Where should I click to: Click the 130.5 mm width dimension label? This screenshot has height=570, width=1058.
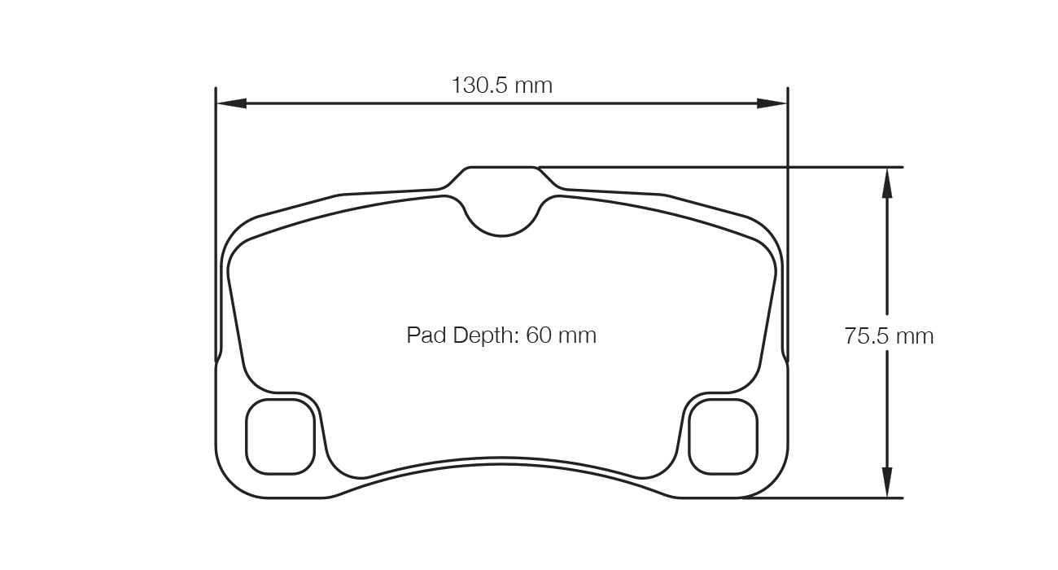(x=501, y=85)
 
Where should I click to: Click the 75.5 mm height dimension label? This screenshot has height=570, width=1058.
(x=889, y=335)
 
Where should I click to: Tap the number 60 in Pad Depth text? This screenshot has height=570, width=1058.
(x=539, y=335)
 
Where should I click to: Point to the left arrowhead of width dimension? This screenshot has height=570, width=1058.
(x=231, y=103)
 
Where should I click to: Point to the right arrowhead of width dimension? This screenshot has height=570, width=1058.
(x=772, y=103)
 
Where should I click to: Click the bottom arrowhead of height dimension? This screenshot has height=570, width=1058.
(x=887, y=481)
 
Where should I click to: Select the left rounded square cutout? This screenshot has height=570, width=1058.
(x=280, y=436)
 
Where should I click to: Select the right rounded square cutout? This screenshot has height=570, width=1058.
(x=723, y=436)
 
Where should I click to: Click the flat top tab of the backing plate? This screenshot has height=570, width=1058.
(x=501, y=169)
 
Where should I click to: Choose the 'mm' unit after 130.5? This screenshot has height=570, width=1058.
(x=534, y=85)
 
